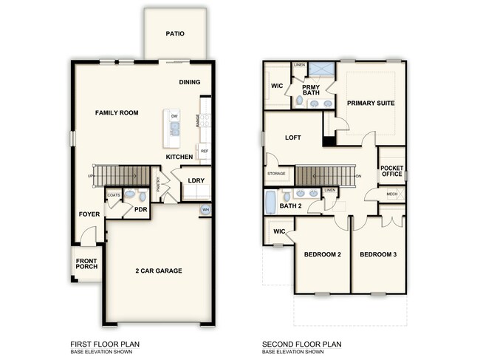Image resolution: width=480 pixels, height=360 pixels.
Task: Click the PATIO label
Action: (174, 33)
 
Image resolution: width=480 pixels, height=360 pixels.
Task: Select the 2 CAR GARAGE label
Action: (158, 271)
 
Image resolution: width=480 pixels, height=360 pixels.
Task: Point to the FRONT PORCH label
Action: (86, 264)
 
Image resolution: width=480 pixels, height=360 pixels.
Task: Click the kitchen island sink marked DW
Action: (174, 129)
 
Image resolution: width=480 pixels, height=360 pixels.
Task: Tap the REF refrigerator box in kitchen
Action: (204, 150)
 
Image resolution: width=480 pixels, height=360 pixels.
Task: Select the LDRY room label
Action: (196, 180)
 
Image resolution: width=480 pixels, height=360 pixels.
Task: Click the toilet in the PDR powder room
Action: (129, 195)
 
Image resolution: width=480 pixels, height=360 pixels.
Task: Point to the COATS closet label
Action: (114, 195)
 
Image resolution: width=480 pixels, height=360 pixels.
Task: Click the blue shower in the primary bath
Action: (320, 71)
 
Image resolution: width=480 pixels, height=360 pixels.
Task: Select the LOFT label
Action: (293, 137)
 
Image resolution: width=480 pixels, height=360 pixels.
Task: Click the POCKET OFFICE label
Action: (392, 171)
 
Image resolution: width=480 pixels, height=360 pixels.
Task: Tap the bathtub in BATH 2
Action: (271, 201)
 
